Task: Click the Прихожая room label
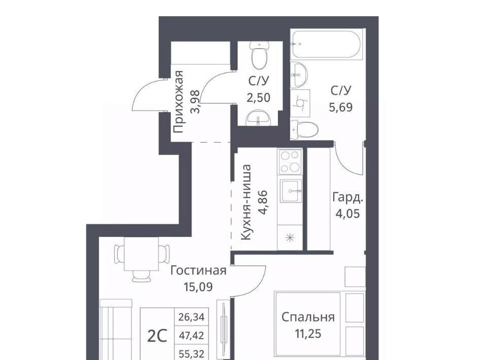(x=179, y=102)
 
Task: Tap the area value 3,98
(x=195, y=102)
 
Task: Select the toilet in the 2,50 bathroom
(x=259, y=56)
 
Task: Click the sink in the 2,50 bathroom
(x=258, y=119)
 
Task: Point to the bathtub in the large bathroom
(x=326, y=45)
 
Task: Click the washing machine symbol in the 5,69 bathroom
(x=301, y=103)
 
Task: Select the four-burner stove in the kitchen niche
(x=290, y=162)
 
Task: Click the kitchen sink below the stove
(x=291, y=191)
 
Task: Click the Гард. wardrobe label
(x=347, y=198)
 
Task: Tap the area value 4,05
(x=347, y=213)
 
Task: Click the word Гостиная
(x=198, y=271)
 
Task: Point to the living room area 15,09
(x=198, y=287)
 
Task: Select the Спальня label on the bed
(x=308, y=317)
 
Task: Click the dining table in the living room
(x=142, y=254)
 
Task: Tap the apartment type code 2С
(x=157, y=336)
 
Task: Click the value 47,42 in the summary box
(x=191, y=336)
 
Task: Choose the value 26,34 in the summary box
(x=191, y=317)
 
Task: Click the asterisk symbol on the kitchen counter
(x=290, y=238)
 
